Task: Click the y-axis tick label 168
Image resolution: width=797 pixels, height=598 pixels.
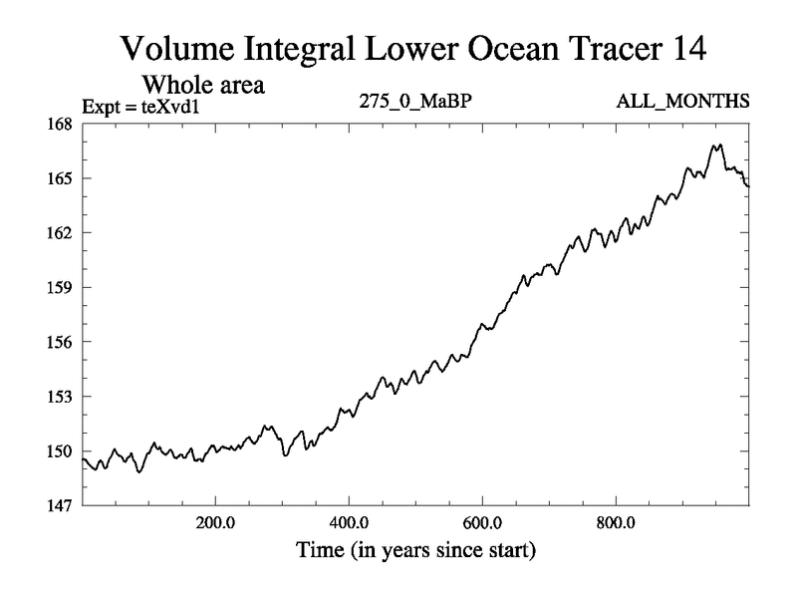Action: [60, 124]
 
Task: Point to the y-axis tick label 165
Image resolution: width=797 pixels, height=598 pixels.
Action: [60, 178]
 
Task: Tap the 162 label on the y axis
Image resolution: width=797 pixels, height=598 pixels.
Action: [60, 233]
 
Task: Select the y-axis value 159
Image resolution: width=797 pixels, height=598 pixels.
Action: [60, 287]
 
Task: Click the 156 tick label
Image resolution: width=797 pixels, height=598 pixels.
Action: [60, 342]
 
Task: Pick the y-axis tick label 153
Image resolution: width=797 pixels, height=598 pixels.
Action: [60, 397]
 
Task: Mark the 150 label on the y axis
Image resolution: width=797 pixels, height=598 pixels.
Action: [60, 450]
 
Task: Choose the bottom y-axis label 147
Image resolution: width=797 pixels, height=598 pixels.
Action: [60, 505]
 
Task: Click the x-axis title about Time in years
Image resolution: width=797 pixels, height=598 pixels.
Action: [414, 549]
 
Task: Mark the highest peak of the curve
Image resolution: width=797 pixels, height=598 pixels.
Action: [716, 145]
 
